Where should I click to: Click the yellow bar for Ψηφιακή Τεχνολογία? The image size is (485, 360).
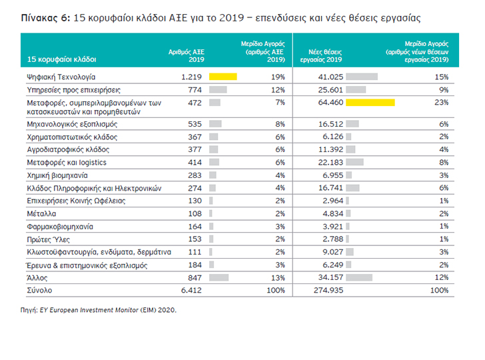tap(223, 77)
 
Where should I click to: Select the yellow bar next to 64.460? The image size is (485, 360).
tap(370, 102)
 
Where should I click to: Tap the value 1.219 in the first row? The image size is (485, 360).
tap(191, 77)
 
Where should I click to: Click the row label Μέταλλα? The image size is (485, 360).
tap(41, 213)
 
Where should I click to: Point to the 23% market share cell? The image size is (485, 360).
tap(442, 102)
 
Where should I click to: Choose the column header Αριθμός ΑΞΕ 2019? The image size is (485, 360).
tap(187, 56)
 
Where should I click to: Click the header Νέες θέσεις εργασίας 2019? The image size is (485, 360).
tap(321, 56)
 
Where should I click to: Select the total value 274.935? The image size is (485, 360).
tap(328, 290)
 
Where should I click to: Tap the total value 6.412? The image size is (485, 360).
tap(191, 290)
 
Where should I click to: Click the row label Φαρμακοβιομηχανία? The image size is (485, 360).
tap(60, 227)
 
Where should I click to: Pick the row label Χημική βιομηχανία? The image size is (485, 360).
tap(57, 175)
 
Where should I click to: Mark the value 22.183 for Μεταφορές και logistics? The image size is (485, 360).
tap(330, 162)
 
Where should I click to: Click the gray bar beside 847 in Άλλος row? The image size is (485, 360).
tap(219, 277)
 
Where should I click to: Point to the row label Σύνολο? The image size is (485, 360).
tap(39, 291)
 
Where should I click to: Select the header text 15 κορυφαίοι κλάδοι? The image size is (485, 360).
tap(62, 59)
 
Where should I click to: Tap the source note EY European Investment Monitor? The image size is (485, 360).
tap(89, 310)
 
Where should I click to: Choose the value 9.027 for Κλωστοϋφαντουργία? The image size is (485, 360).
tap(333, 252)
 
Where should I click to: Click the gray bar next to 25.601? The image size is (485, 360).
tap(356, 90)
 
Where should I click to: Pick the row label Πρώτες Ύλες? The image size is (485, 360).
tap(48, 239)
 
